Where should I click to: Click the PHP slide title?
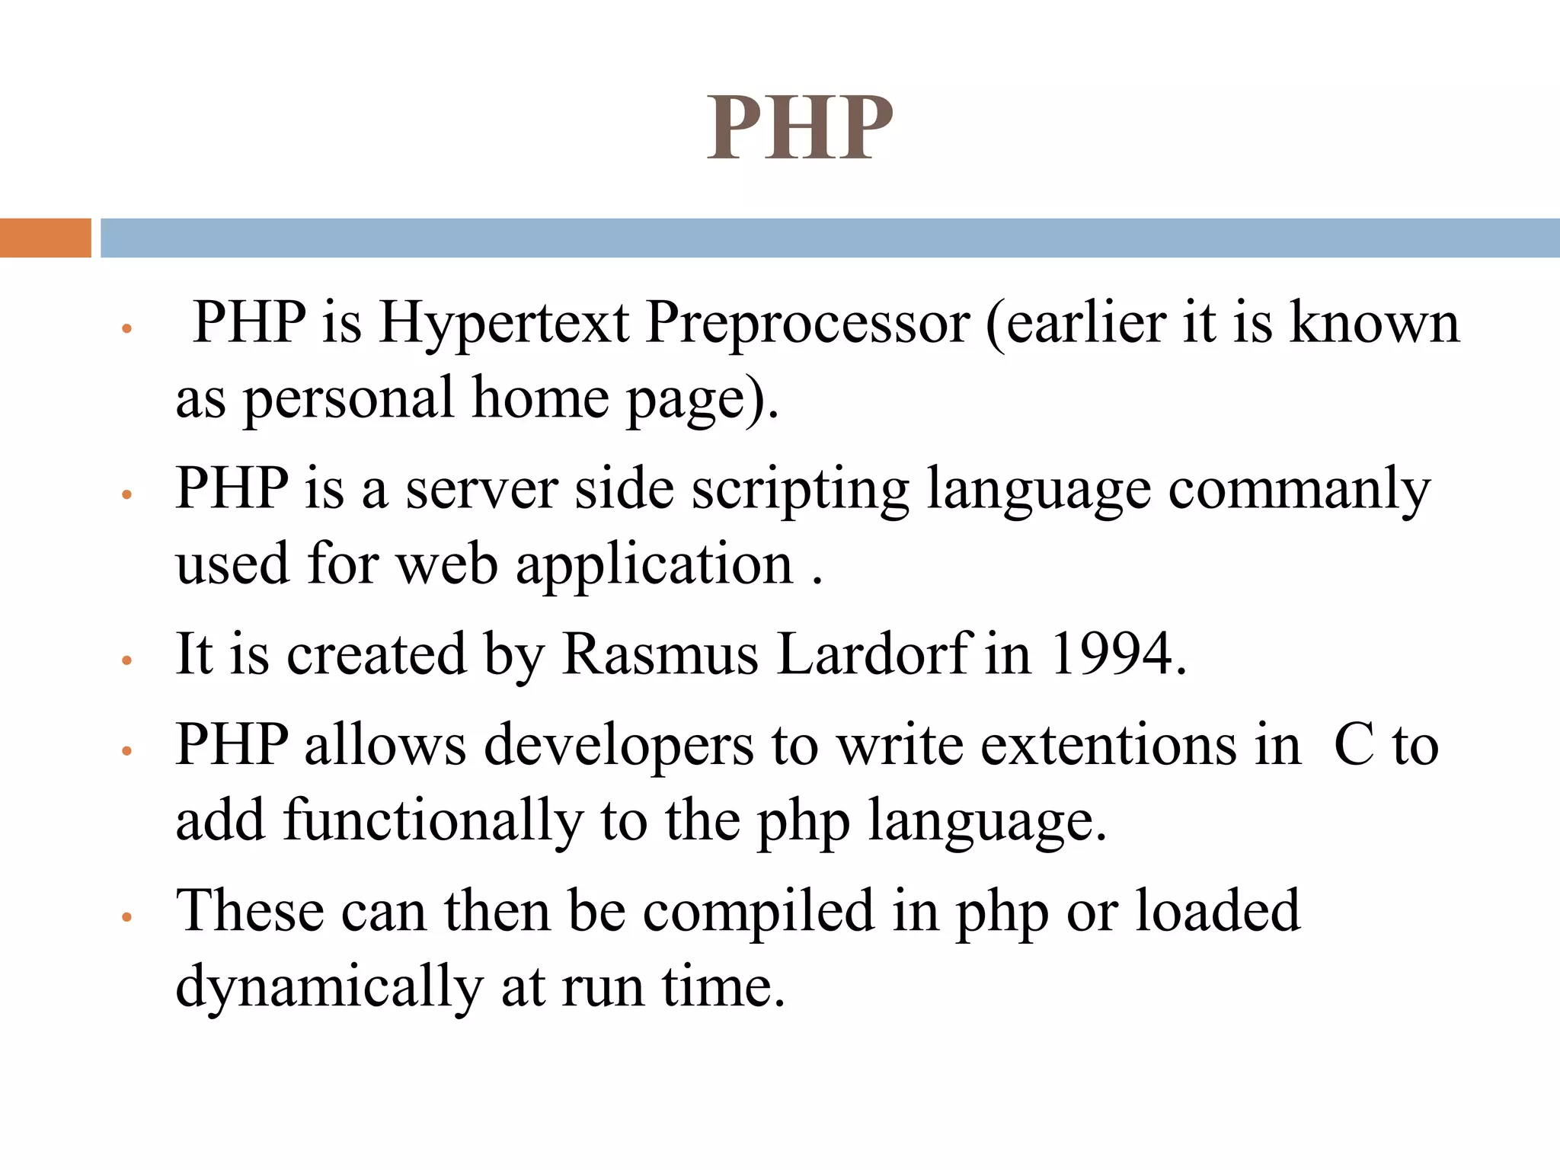799,128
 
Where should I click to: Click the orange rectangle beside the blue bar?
45,238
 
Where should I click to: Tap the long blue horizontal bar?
830,238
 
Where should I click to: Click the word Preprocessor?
807,324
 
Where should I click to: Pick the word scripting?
800,489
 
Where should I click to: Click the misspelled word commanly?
1299,489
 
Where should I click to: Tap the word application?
654,565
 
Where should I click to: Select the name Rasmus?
660,654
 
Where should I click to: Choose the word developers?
618,745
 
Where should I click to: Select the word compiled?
758,911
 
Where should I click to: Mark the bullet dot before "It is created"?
127,660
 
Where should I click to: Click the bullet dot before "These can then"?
127,917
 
